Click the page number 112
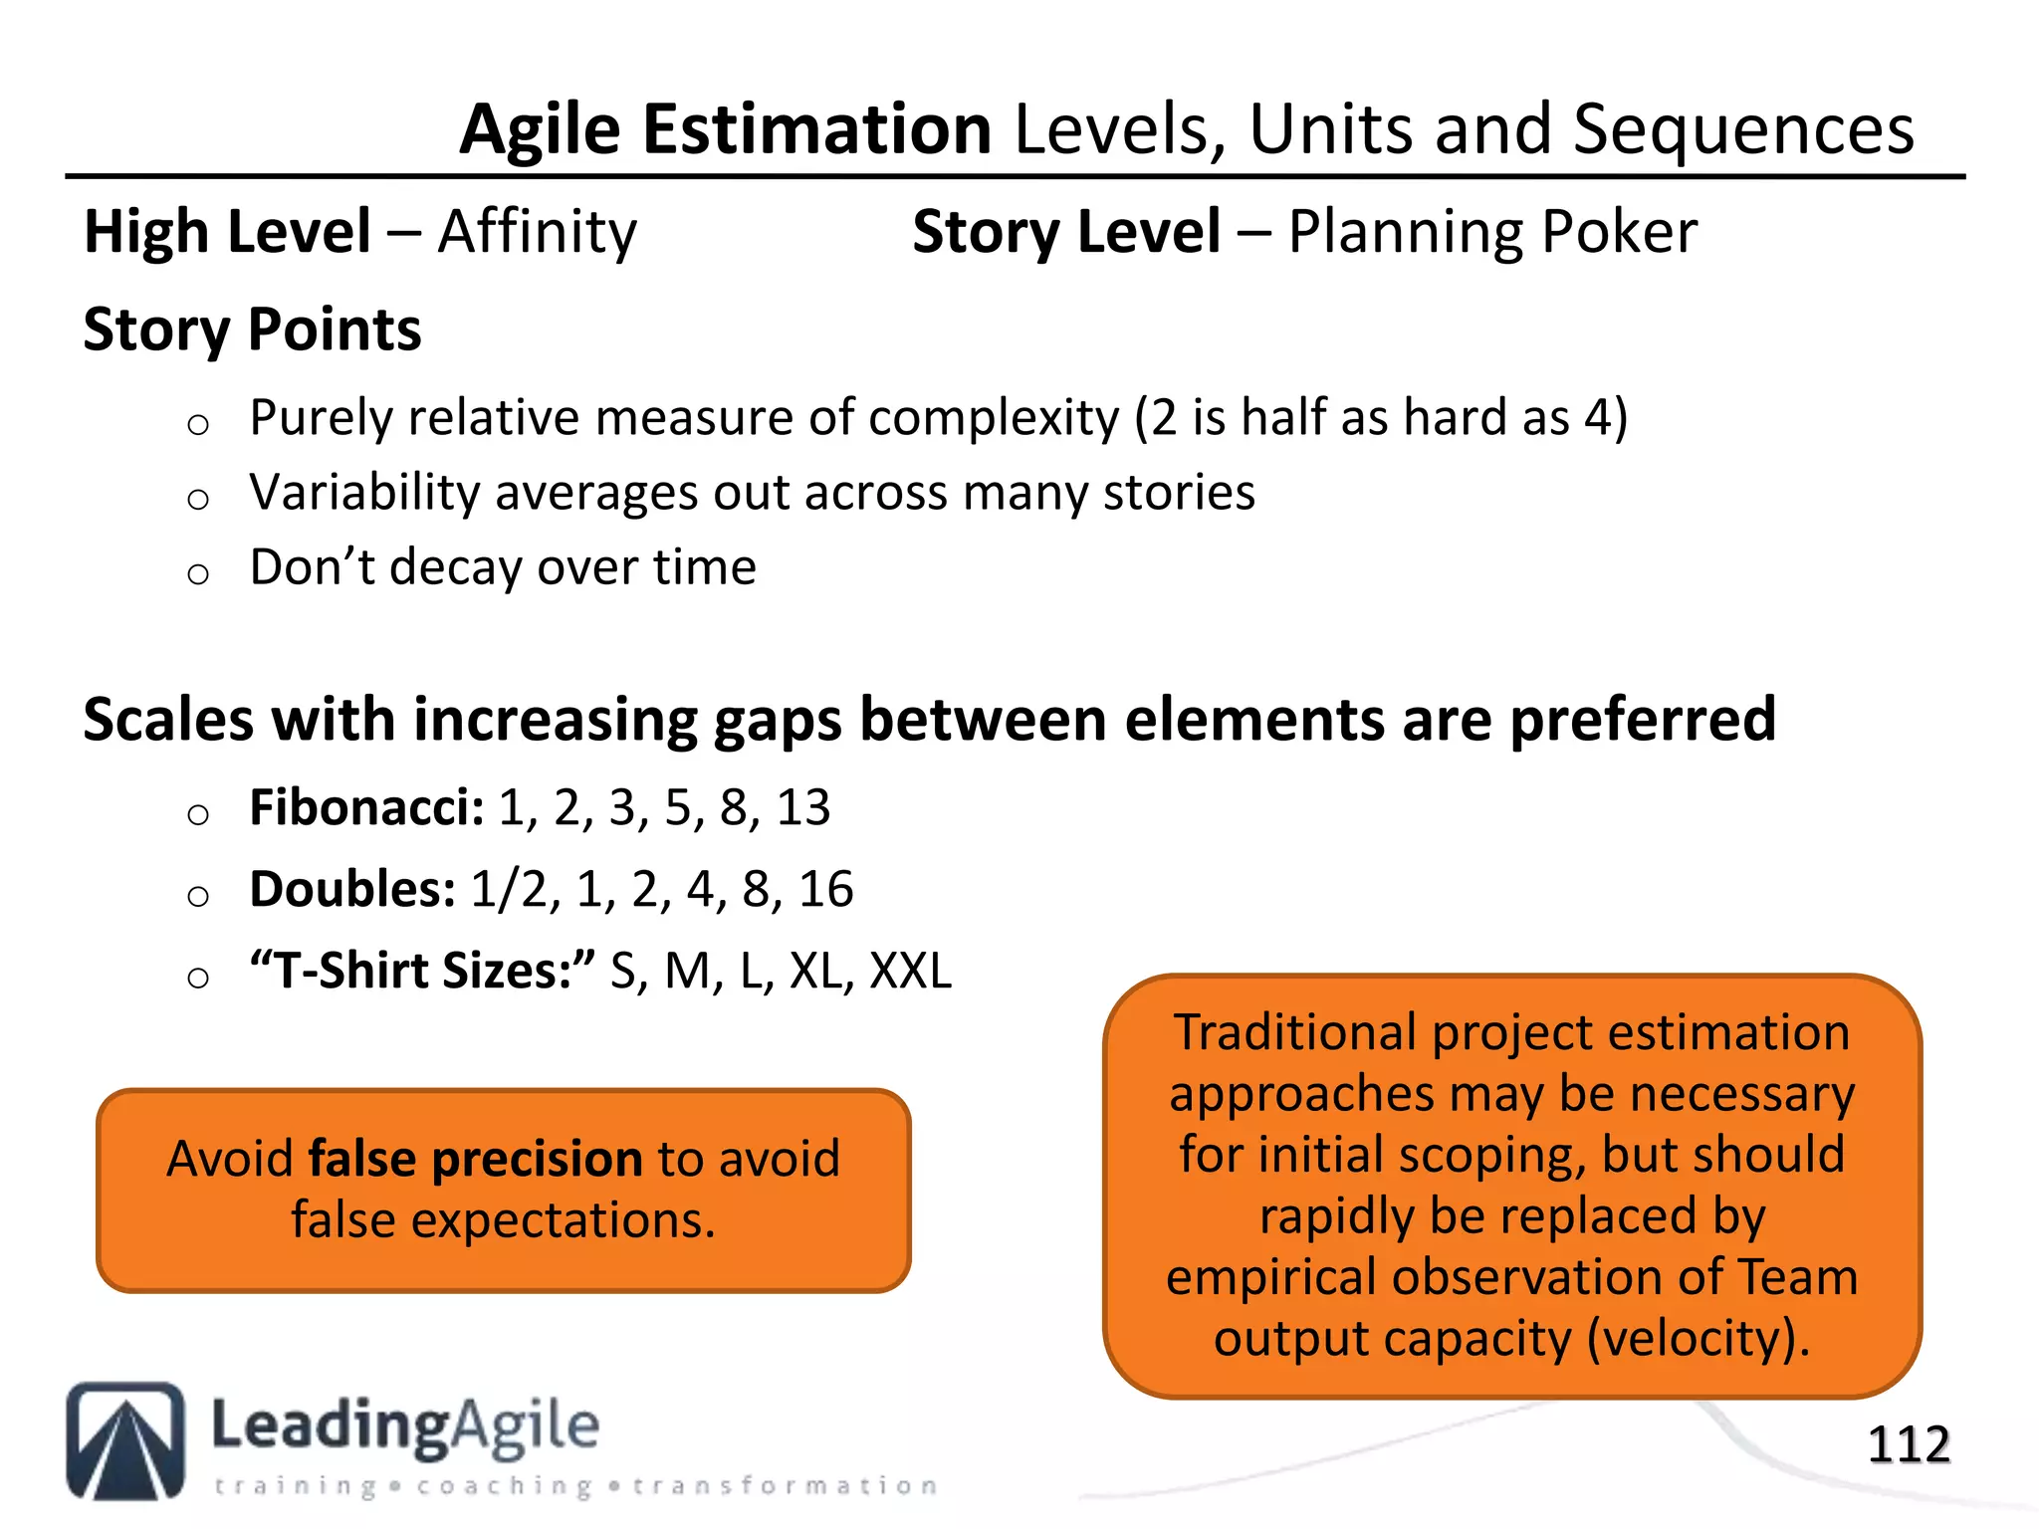(x=1908, y=1444)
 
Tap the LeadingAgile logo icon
(x=125, y=1440)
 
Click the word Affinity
(x=537, y=232)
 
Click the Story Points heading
(x=252, y=329)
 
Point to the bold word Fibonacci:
(x=366, y=807)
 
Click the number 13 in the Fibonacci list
(x=803, y=807)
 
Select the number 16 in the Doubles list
(x=825, y=889)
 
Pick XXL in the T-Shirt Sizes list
(x=910, y=971)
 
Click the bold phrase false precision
(x=475, y=1159)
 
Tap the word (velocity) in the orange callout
(x=1697, y=1338)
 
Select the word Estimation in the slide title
(x=816, y=129)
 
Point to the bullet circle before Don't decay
(x=198, y=573)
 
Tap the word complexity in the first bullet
(x=994, y=417)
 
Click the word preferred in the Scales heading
(x=1643, y=720)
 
